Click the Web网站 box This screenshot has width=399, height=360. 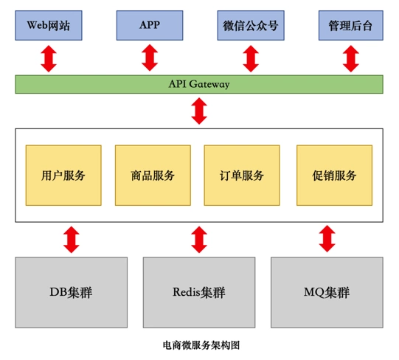pyautogui.click(x=49, y=26)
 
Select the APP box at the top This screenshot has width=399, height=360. pyautogui.click(x=149, y=26)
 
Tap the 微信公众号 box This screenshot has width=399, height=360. pyautogui.click(x=251, y=26)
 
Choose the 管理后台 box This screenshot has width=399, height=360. pyautogui.click(x=351, y=26)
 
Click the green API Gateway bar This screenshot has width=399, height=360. pyautogui.click(x=199, y=84)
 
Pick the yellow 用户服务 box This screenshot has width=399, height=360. pyautogui.click(x=63, y=176)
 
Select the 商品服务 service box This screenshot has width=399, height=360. pyautogui.click(x=153, y=176)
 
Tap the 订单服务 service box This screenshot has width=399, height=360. pyautogui.click(x=242, y=176)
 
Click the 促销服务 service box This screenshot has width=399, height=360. pyautogui.click(x=334, y=176)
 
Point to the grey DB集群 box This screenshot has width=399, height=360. pyautogui.click(x=71, y=292)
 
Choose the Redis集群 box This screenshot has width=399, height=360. pyautogui.click(x=199, y=292)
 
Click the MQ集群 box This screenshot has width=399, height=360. pyautogui.click(x=327, y=292)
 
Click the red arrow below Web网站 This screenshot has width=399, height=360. pyautogui.click(x=49, y=58)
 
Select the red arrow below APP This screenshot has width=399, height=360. pyautogui.click(x=149, y=58)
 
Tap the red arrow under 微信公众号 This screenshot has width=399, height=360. pyautogui.click(x=251, y=58)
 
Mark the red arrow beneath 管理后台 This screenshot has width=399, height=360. pyautogui.click(x=351, y=58)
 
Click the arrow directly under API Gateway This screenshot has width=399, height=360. pyautogui.click(x=199, y=111)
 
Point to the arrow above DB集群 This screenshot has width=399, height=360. pyautogui.click(x=71, y=240)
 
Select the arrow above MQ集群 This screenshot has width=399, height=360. pyautogui.click(x=327, y=240)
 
